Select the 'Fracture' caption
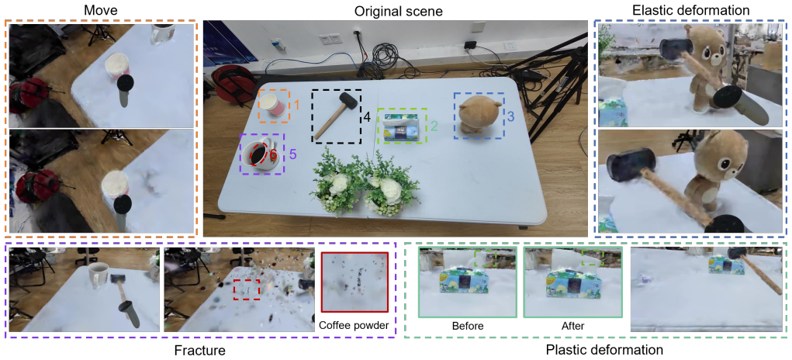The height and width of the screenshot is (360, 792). [x=199, y=350]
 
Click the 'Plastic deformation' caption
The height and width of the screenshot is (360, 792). [x=597, y=350]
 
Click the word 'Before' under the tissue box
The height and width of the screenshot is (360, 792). [x=468, y=326]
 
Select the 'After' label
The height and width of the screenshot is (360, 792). [x=572, y=326]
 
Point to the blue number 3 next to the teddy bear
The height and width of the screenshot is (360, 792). [x=510, y=116]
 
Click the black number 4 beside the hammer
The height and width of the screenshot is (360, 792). [x=367, y=117]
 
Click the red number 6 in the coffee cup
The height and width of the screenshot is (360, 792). [x=273, y=155]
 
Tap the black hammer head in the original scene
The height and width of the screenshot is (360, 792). [x=348, y=99]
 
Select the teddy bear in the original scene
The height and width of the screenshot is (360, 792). [x=479, y=116]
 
